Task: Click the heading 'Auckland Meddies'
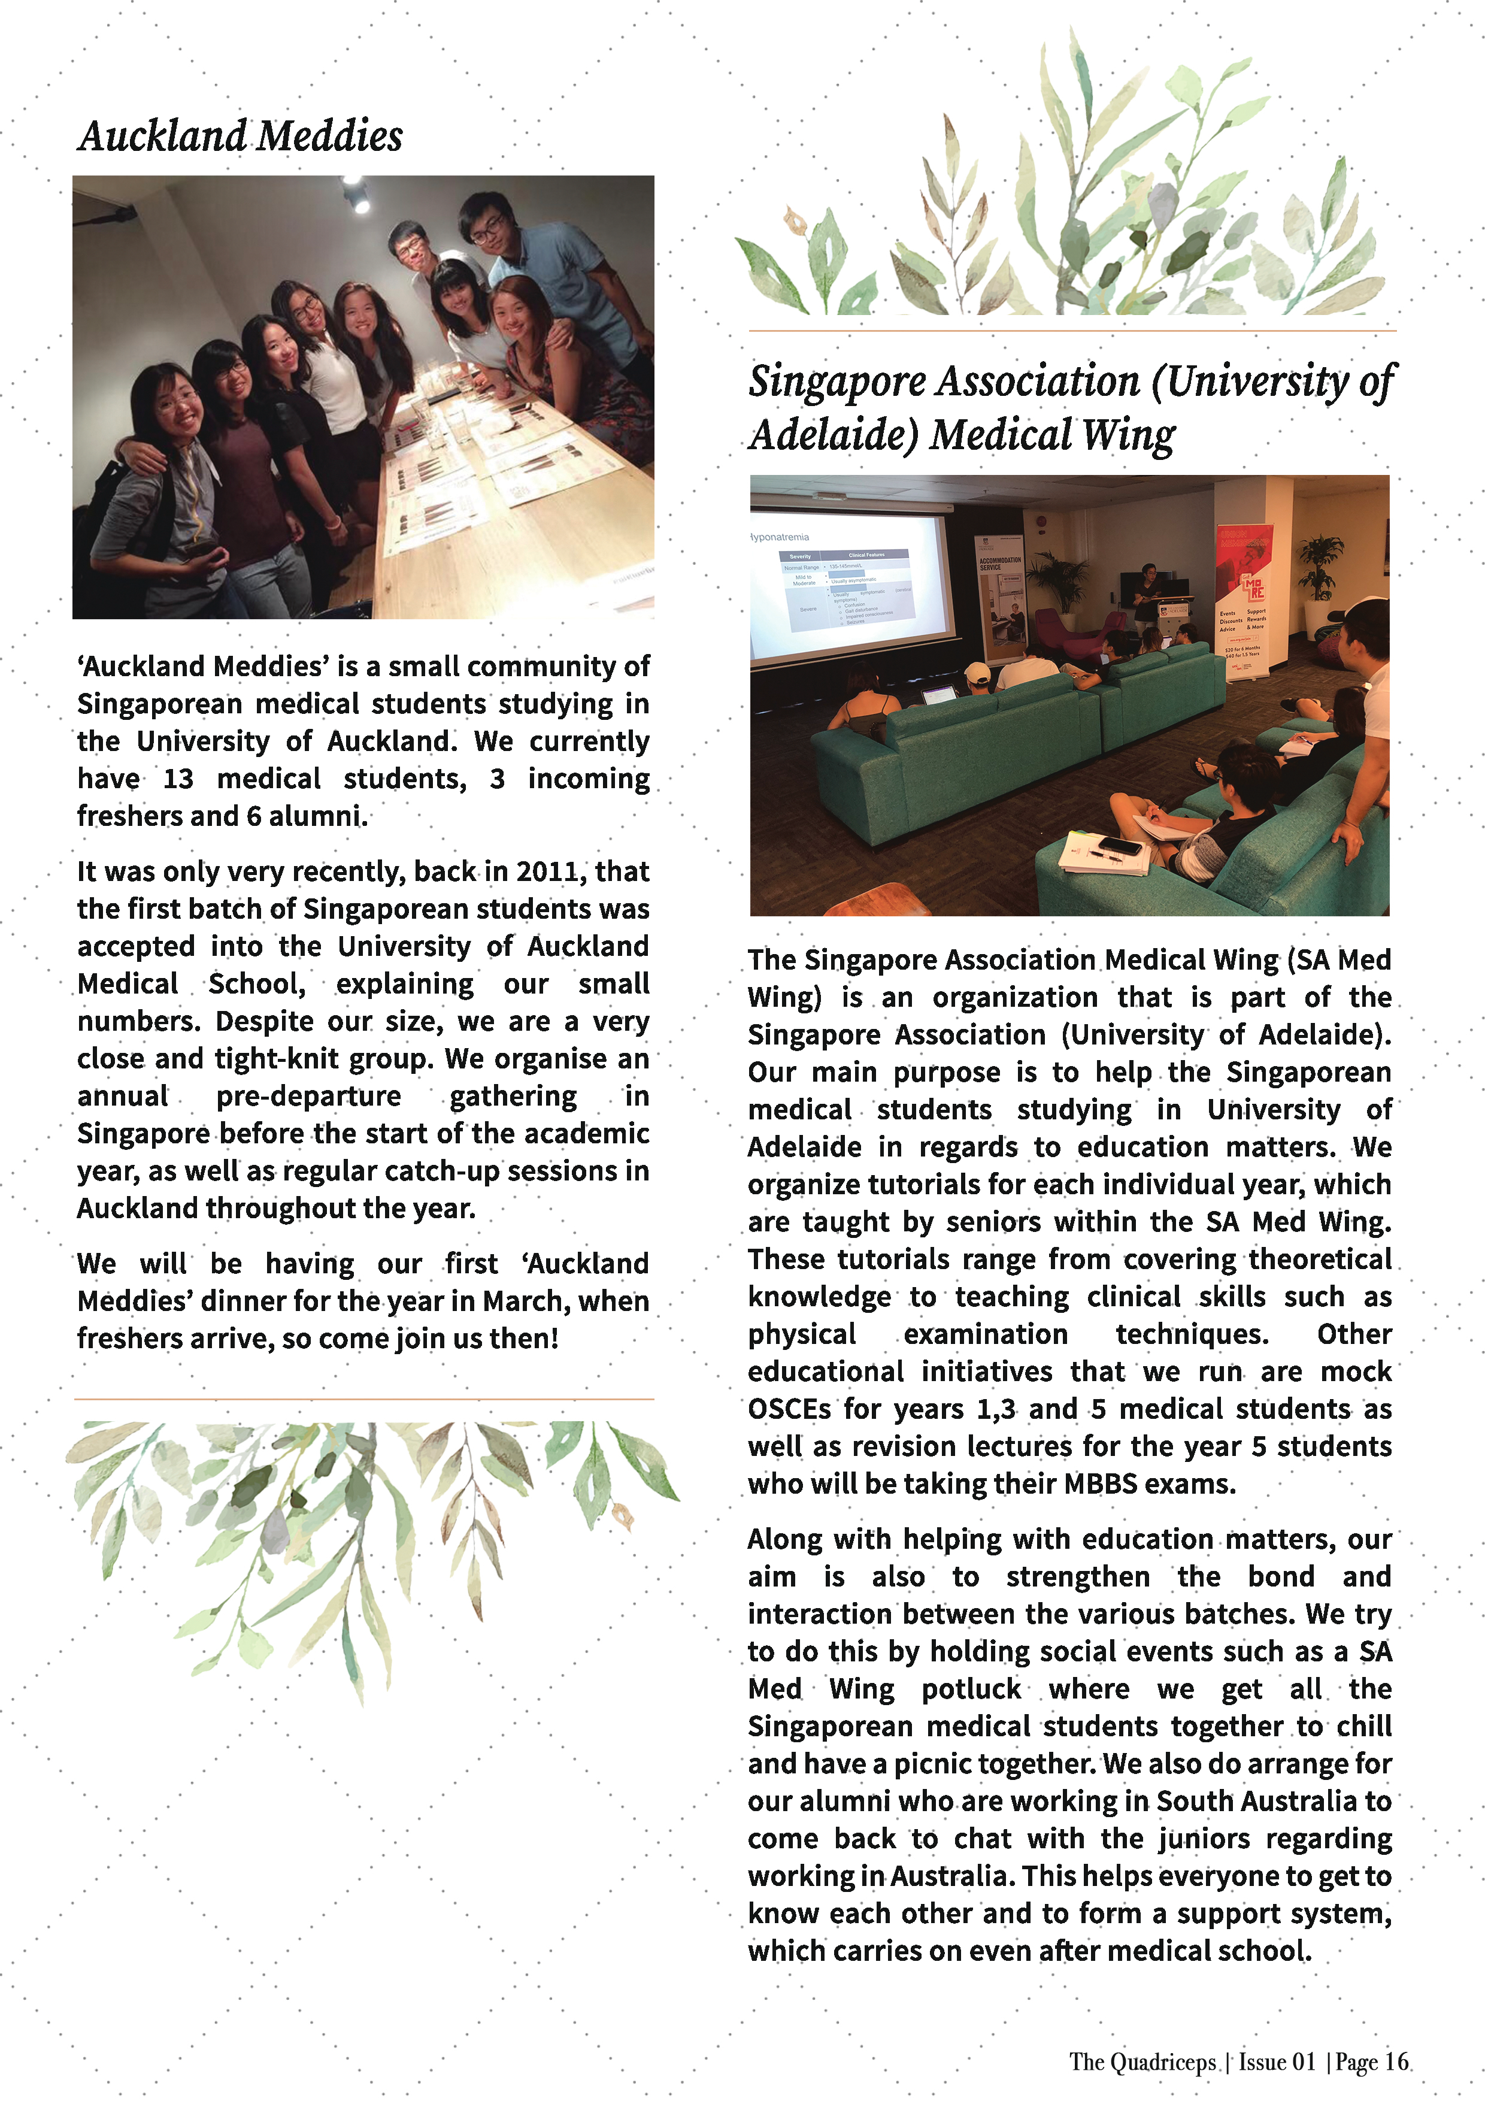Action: (x=240, y=137)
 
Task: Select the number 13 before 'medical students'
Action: (x=178, y=779)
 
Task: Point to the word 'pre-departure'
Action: (x=308, y=1095)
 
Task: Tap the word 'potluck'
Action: (x=971, y=1688)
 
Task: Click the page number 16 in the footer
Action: (x=1396, y=2061)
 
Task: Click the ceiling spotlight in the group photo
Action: (x=356, y=194)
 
